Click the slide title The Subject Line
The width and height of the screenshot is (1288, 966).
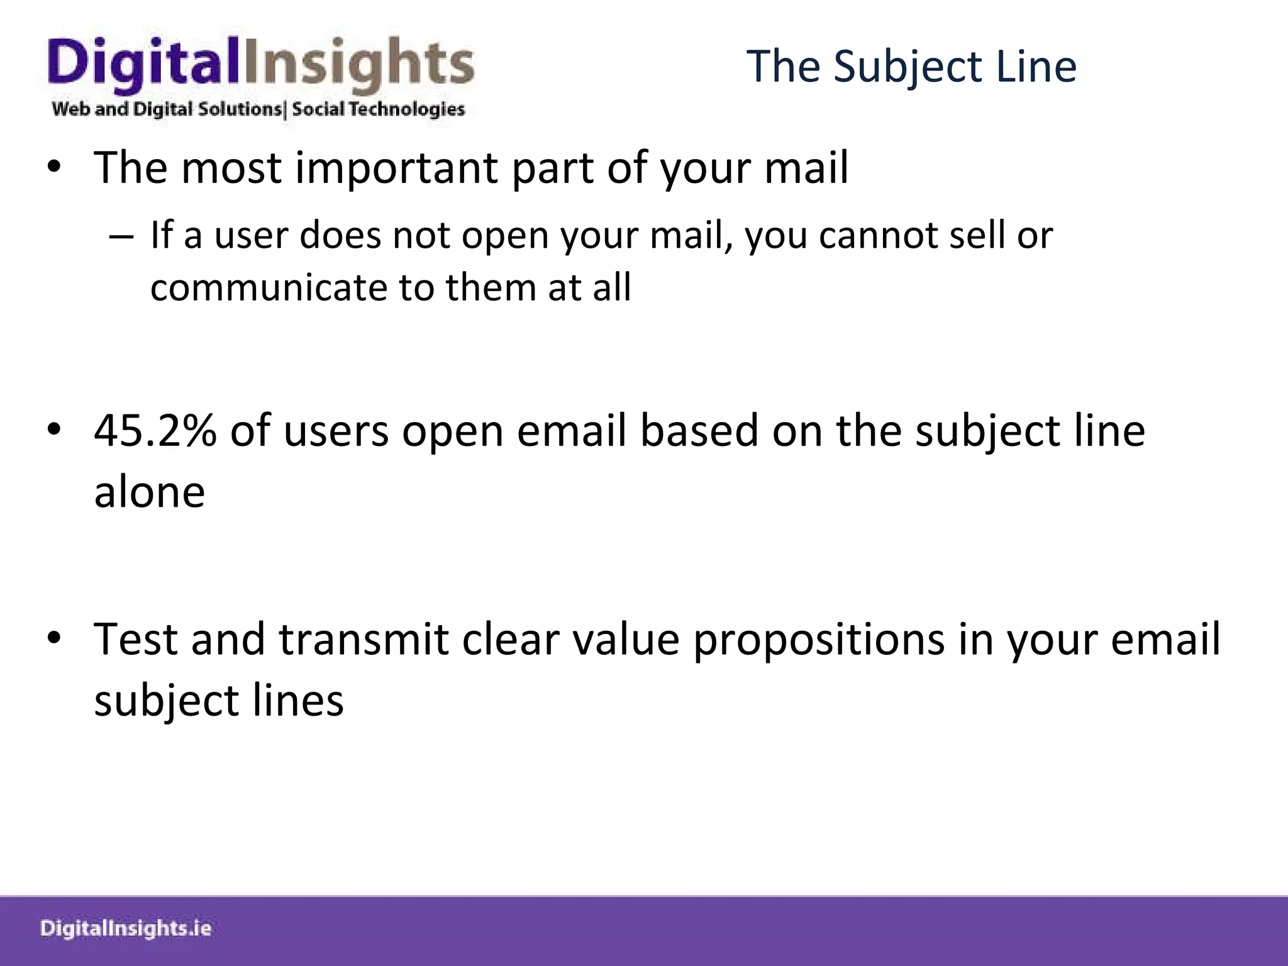pyautogui.click(x=911, y=66)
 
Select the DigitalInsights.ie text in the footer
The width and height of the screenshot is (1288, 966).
pyautogui.click(x=125, y=929)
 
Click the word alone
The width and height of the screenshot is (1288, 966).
pyautogui.click(x=149, y=492)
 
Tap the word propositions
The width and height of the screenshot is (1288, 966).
pyautogui.click(x=819, y=640)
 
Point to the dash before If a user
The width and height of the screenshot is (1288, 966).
pyautogui.click(x=121, y=237)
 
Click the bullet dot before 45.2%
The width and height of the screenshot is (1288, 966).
pyautogui.click(x=54, y=430)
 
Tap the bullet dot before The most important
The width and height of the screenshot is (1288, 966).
pyautogui.click(x=54, y=167)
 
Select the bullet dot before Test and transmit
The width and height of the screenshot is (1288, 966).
pyautogui.click(x=54, y=638)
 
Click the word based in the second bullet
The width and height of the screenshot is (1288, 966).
pyautogui.click(x=699, y=431)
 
